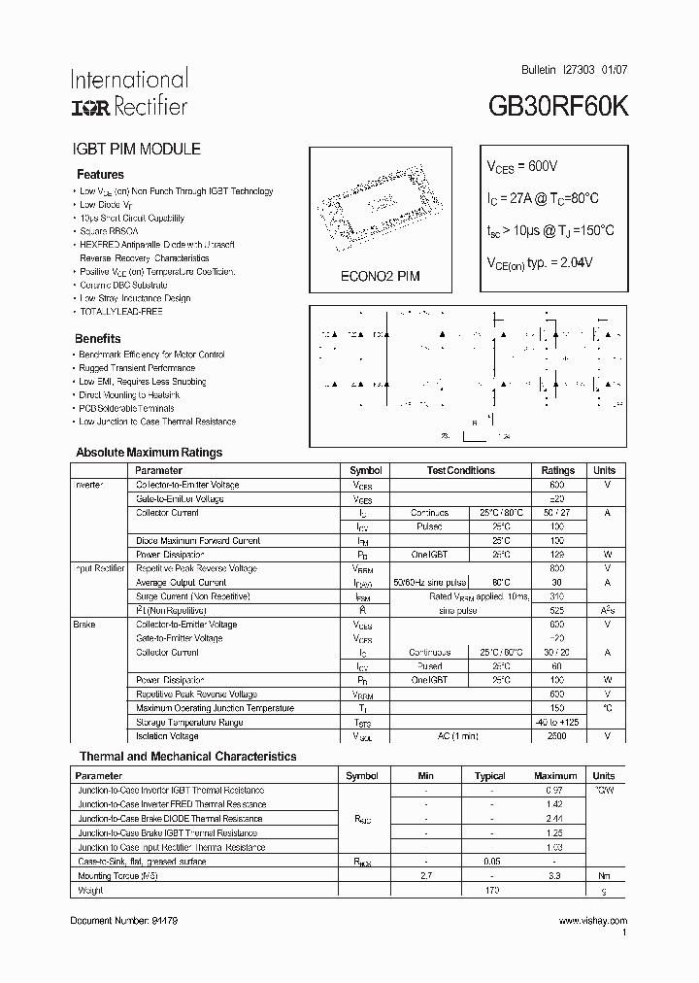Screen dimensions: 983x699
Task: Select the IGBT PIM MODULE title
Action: (x=137, y=150)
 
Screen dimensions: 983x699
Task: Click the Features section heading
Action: (x=100, y=175)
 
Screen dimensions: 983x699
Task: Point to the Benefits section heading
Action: (x=98, y=339)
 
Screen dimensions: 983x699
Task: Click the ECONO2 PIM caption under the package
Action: (x=380, y=276)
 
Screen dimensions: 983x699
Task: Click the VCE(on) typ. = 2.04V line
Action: (x=539, y=262)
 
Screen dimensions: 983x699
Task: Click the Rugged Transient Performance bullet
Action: (x=136, y=368)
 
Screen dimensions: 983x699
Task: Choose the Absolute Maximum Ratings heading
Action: (x=149, y=453)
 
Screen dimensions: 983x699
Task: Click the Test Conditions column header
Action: (x=461, y=470)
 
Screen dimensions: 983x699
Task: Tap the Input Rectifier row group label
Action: (x=99, y=568)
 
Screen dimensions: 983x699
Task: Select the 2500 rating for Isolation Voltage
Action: (x=557, y=736)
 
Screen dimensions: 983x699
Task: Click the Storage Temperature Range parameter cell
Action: (x=189, y=723)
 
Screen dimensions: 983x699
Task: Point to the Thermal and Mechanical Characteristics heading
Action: (x=187, y=757)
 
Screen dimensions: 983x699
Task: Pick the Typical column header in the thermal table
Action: (x=490, y=776)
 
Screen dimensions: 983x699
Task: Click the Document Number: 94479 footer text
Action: (x=124, y=920)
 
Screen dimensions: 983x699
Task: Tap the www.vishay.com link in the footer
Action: (x=592, y=920)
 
